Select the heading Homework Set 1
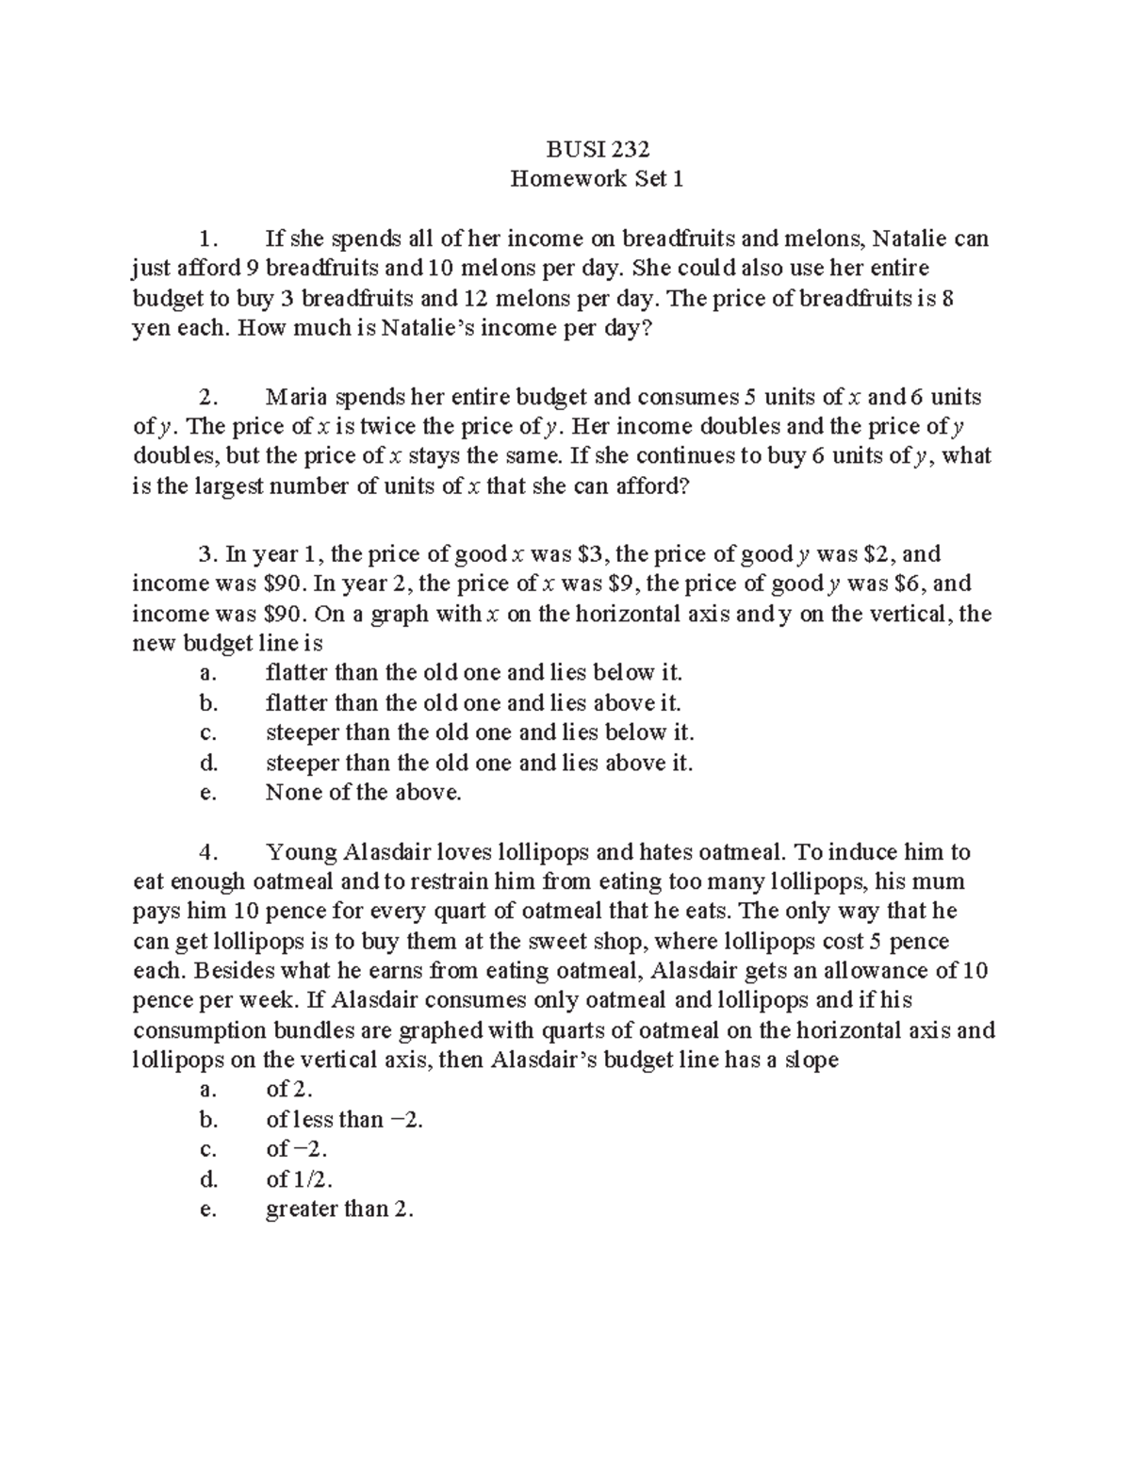(597, 178)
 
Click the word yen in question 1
(148, 329)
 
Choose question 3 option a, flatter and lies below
(473, 673)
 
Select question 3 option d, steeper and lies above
(479, 763)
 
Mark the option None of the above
(364, 793)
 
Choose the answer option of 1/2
(300, 1179)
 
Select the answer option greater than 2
(339, 1209)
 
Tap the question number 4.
(208, 852)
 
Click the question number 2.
(208, 396)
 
